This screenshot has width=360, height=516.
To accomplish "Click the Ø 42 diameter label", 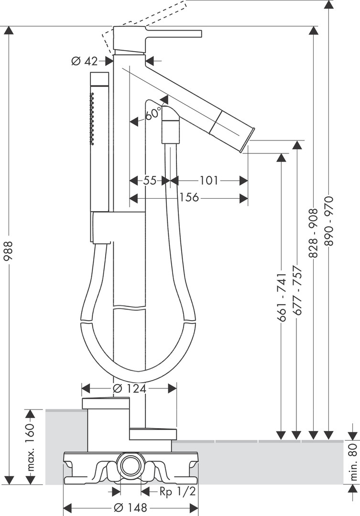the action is pos(84,61).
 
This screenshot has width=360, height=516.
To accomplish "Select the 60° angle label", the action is pos(153,114).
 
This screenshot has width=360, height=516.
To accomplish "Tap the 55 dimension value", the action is pos(150,180).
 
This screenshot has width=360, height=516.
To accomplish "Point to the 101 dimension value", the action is pos(209,180).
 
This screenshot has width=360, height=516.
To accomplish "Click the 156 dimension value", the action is pos(189,197).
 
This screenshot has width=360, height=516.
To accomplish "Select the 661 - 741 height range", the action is pos(282,297).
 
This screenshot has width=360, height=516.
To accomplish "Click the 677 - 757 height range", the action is pos(298,290).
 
